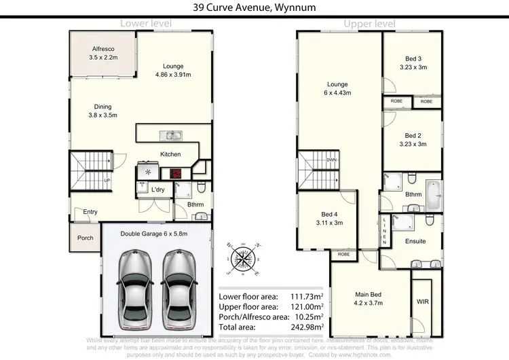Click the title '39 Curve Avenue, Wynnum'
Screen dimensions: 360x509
(254, 7)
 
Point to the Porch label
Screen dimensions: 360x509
(86, 238)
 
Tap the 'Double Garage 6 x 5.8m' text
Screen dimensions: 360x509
(153, 234)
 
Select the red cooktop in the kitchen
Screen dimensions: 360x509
(176, 173)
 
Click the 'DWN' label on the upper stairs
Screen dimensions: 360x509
(332, 160)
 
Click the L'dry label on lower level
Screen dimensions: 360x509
(157, 190)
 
